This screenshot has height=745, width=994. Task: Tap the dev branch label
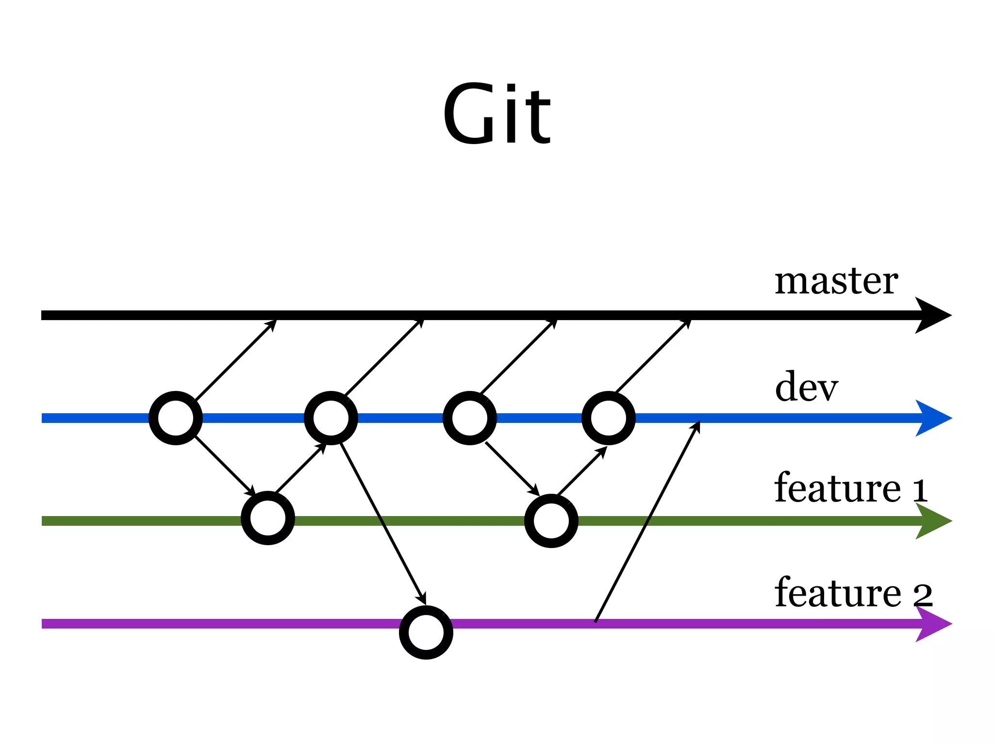(x=806, y=387)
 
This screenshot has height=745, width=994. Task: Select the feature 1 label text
(x=850, y=488)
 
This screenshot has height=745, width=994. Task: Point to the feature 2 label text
(x=853, y=593)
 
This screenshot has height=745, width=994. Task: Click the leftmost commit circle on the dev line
(x=176, y=418)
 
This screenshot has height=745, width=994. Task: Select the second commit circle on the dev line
(x=331, y=418)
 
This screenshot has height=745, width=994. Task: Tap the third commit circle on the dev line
(x=470, y=418)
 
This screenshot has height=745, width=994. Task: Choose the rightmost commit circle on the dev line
(x=609, y=418)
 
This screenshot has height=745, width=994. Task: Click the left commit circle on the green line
(x=268, y=518)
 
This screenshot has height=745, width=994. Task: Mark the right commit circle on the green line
(x=551, y=521)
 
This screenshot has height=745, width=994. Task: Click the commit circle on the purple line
(x=426, y=632)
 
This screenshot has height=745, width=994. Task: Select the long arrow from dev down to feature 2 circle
(x=383, y=524)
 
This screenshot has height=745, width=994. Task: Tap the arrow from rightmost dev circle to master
(x=653, y=355)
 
